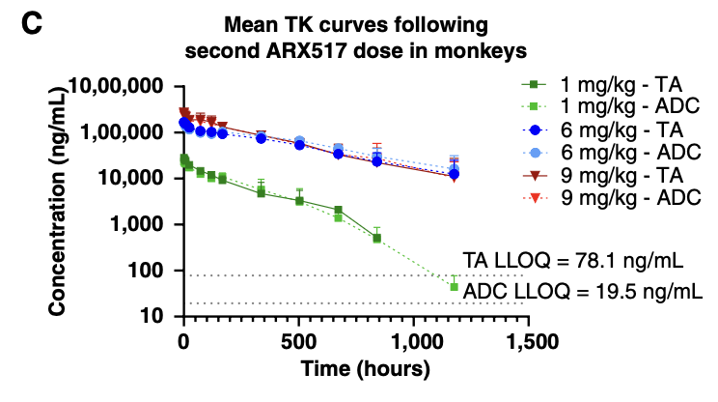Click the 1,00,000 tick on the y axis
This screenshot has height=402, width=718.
122,132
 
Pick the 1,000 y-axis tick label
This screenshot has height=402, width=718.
140,224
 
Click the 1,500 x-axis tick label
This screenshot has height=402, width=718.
530,340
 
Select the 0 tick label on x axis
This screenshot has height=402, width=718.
182,340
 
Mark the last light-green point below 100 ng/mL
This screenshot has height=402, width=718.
454,287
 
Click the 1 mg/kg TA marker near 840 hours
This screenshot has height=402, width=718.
376,238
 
